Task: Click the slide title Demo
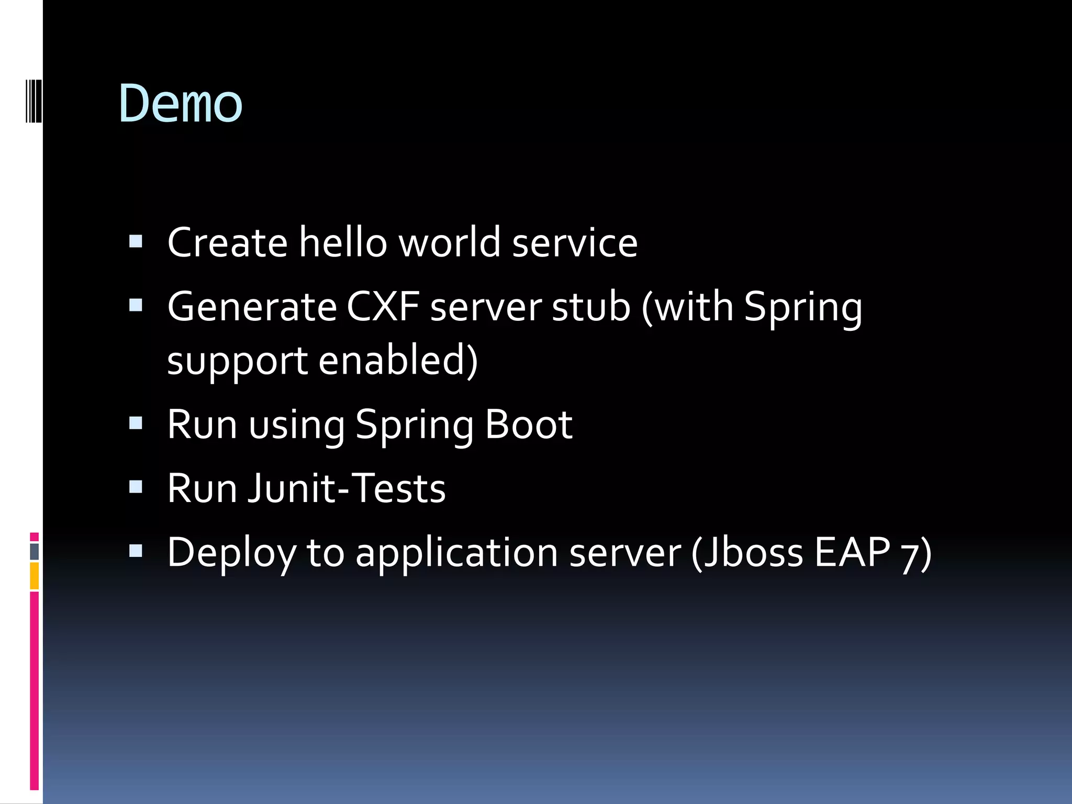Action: pos(181,104)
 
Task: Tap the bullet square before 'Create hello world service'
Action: pos(136,241)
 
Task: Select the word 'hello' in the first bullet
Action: pos(342,242)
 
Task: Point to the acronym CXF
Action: pos(383,307)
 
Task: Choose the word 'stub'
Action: pos(591,307)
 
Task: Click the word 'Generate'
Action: pos(252,307)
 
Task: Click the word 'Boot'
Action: pos(528,424)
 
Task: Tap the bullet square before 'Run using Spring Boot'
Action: pos(136,423)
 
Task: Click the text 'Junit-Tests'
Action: pos(347,488)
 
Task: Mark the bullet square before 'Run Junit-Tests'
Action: pos(136,487)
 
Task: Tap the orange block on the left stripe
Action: pos(35,575)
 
